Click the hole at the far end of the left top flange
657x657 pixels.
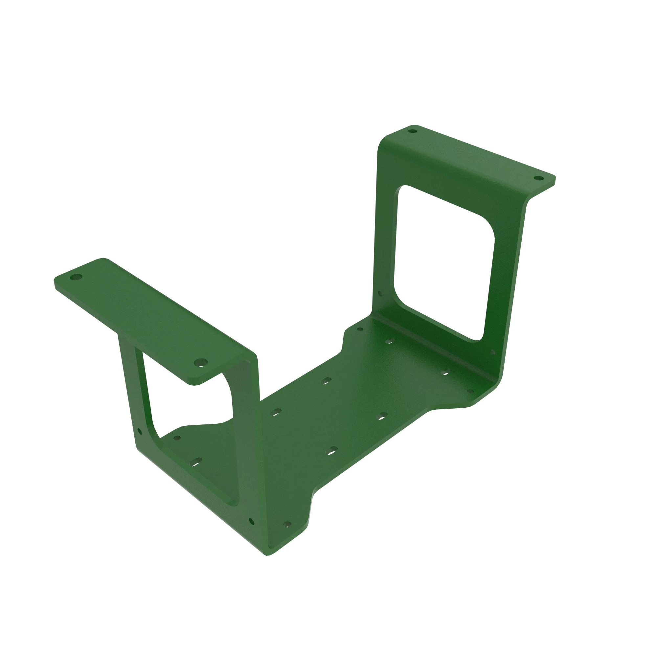pyautogui.click(x=76, y=277)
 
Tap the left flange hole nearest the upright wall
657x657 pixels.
pyautogui.click(x=200, y=362)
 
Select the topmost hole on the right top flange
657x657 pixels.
pyautogui.click(x=412, y=131)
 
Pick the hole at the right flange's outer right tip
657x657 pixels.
pyautogui.click(x=538, y=178)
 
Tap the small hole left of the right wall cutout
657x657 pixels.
pyautogui.click(x=380, y=293)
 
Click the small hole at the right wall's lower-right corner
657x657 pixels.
pyautogui.click(x=493, y=352)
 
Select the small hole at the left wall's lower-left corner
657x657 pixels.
pyautogui.click(x=139, y=432)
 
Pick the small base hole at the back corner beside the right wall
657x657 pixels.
pyautogui.click(x=360, y=329)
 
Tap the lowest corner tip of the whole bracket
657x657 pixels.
pyautogui.click(x=268, y=555)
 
